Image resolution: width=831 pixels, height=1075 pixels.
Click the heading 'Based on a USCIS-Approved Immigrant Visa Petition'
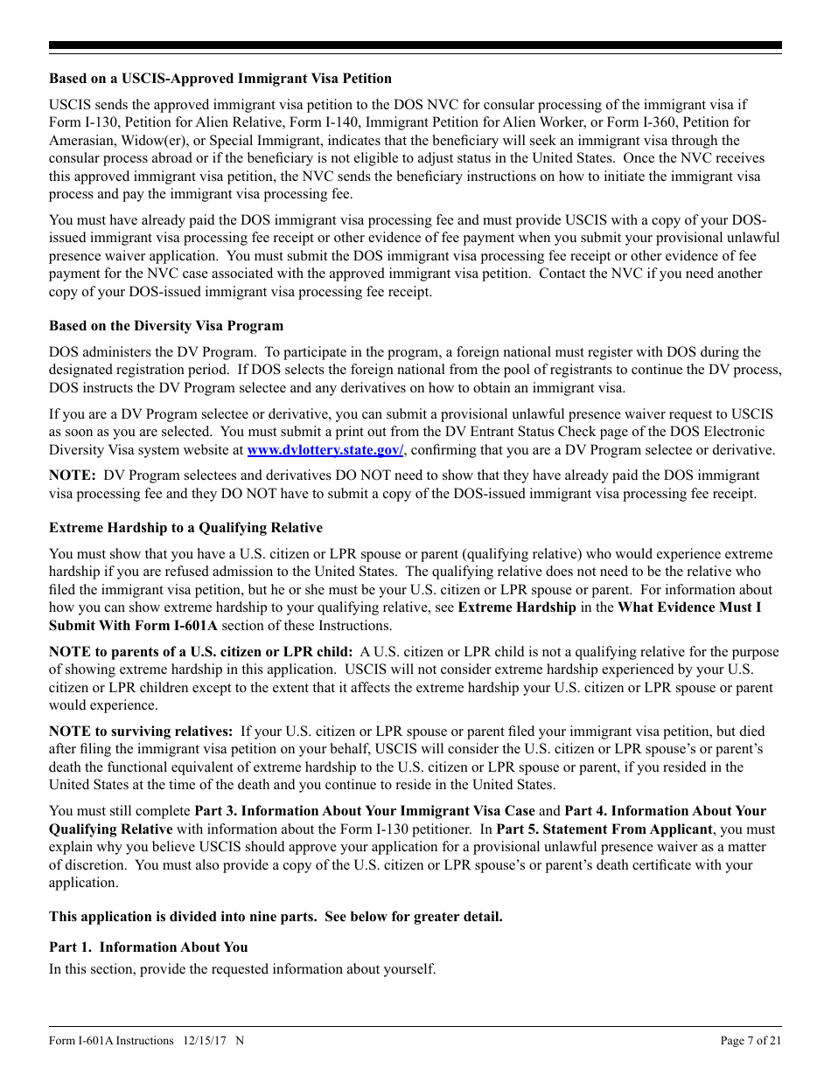pyautogui.click(x=220, y=79)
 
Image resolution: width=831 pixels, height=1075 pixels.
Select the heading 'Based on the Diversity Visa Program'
pyautogui.click(x=166, y=325)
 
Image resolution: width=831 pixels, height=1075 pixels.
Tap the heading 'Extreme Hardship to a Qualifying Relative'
pyautogui.click(x=185, y=527)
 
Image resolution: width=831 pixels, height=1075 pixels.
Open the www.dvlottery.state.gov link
pyautogui.click(x=325, y=449)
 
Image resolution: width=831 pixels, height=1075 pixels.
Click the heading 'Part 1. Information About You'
pyautogui.click(x=148, y=947)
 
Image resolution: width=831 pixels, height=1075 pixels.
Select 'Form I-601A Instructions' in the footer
pyautogui.click(x=111, y=1040)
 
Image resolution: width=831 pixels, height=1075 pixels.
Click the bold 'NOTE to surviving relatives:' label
pyautogui.click(x=141, y=731)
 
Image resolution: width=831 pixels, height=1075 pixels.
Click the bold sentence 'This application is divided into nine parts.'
pyautogui.click(x=276, y=917)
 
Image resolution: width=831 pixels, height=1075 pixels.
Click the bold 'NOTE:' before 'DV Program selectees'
pyautogui.click(x=73, y=475)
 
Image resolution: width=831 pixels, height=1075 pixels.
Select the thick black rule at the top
pyautogui.click(x=415, y=45)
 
